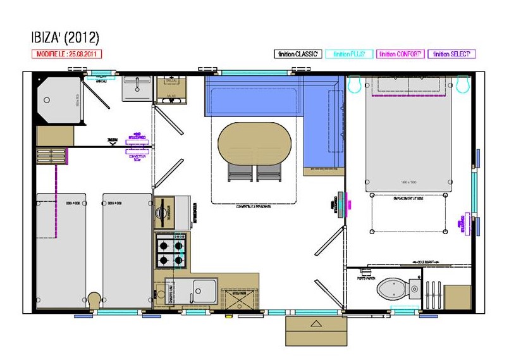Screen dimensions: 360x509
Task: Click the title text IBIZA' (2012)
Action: (65, 37)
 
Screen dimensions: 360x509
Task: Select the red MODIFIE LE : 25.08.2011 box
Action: (66, 54)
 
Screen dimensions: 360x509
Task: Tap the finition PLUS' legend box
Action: (349, 54)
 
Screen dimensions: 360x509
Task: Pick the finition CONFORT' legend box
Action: (400, 54)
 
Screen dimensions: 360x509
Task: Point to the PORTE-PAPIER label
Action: (366, 277)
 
